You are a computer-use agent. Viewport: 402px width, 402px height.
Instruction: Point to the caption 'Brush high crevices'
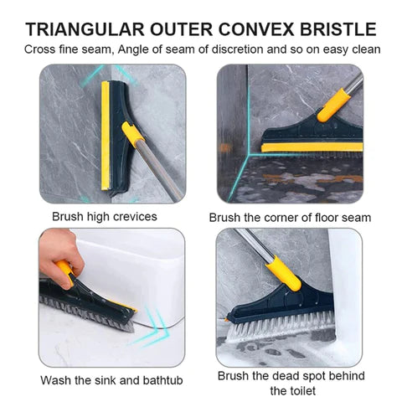104,216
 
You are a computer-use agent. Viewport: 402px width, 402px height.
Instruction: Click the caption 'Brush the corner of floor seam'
290,218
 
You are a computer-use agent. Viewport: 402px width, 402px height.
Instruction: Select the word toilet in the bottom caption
289,390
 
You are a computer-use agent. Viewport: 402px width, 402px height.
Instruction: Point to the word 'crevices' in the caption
133,216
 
